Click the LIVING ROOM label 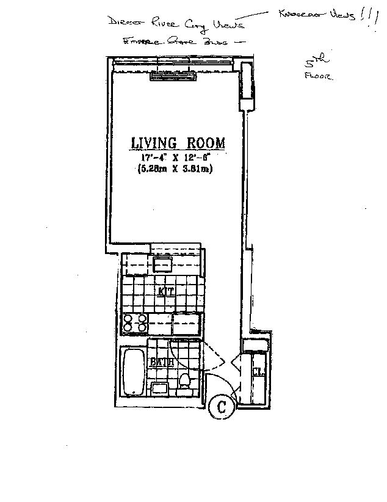178,144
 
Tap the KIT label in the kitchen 166,292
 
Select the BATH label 162,362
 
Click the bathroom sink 160,388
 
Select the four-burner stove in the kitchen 135,324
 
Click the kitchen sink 163,265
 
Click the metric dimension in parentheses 176,169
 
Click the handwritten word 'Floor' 317,78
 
